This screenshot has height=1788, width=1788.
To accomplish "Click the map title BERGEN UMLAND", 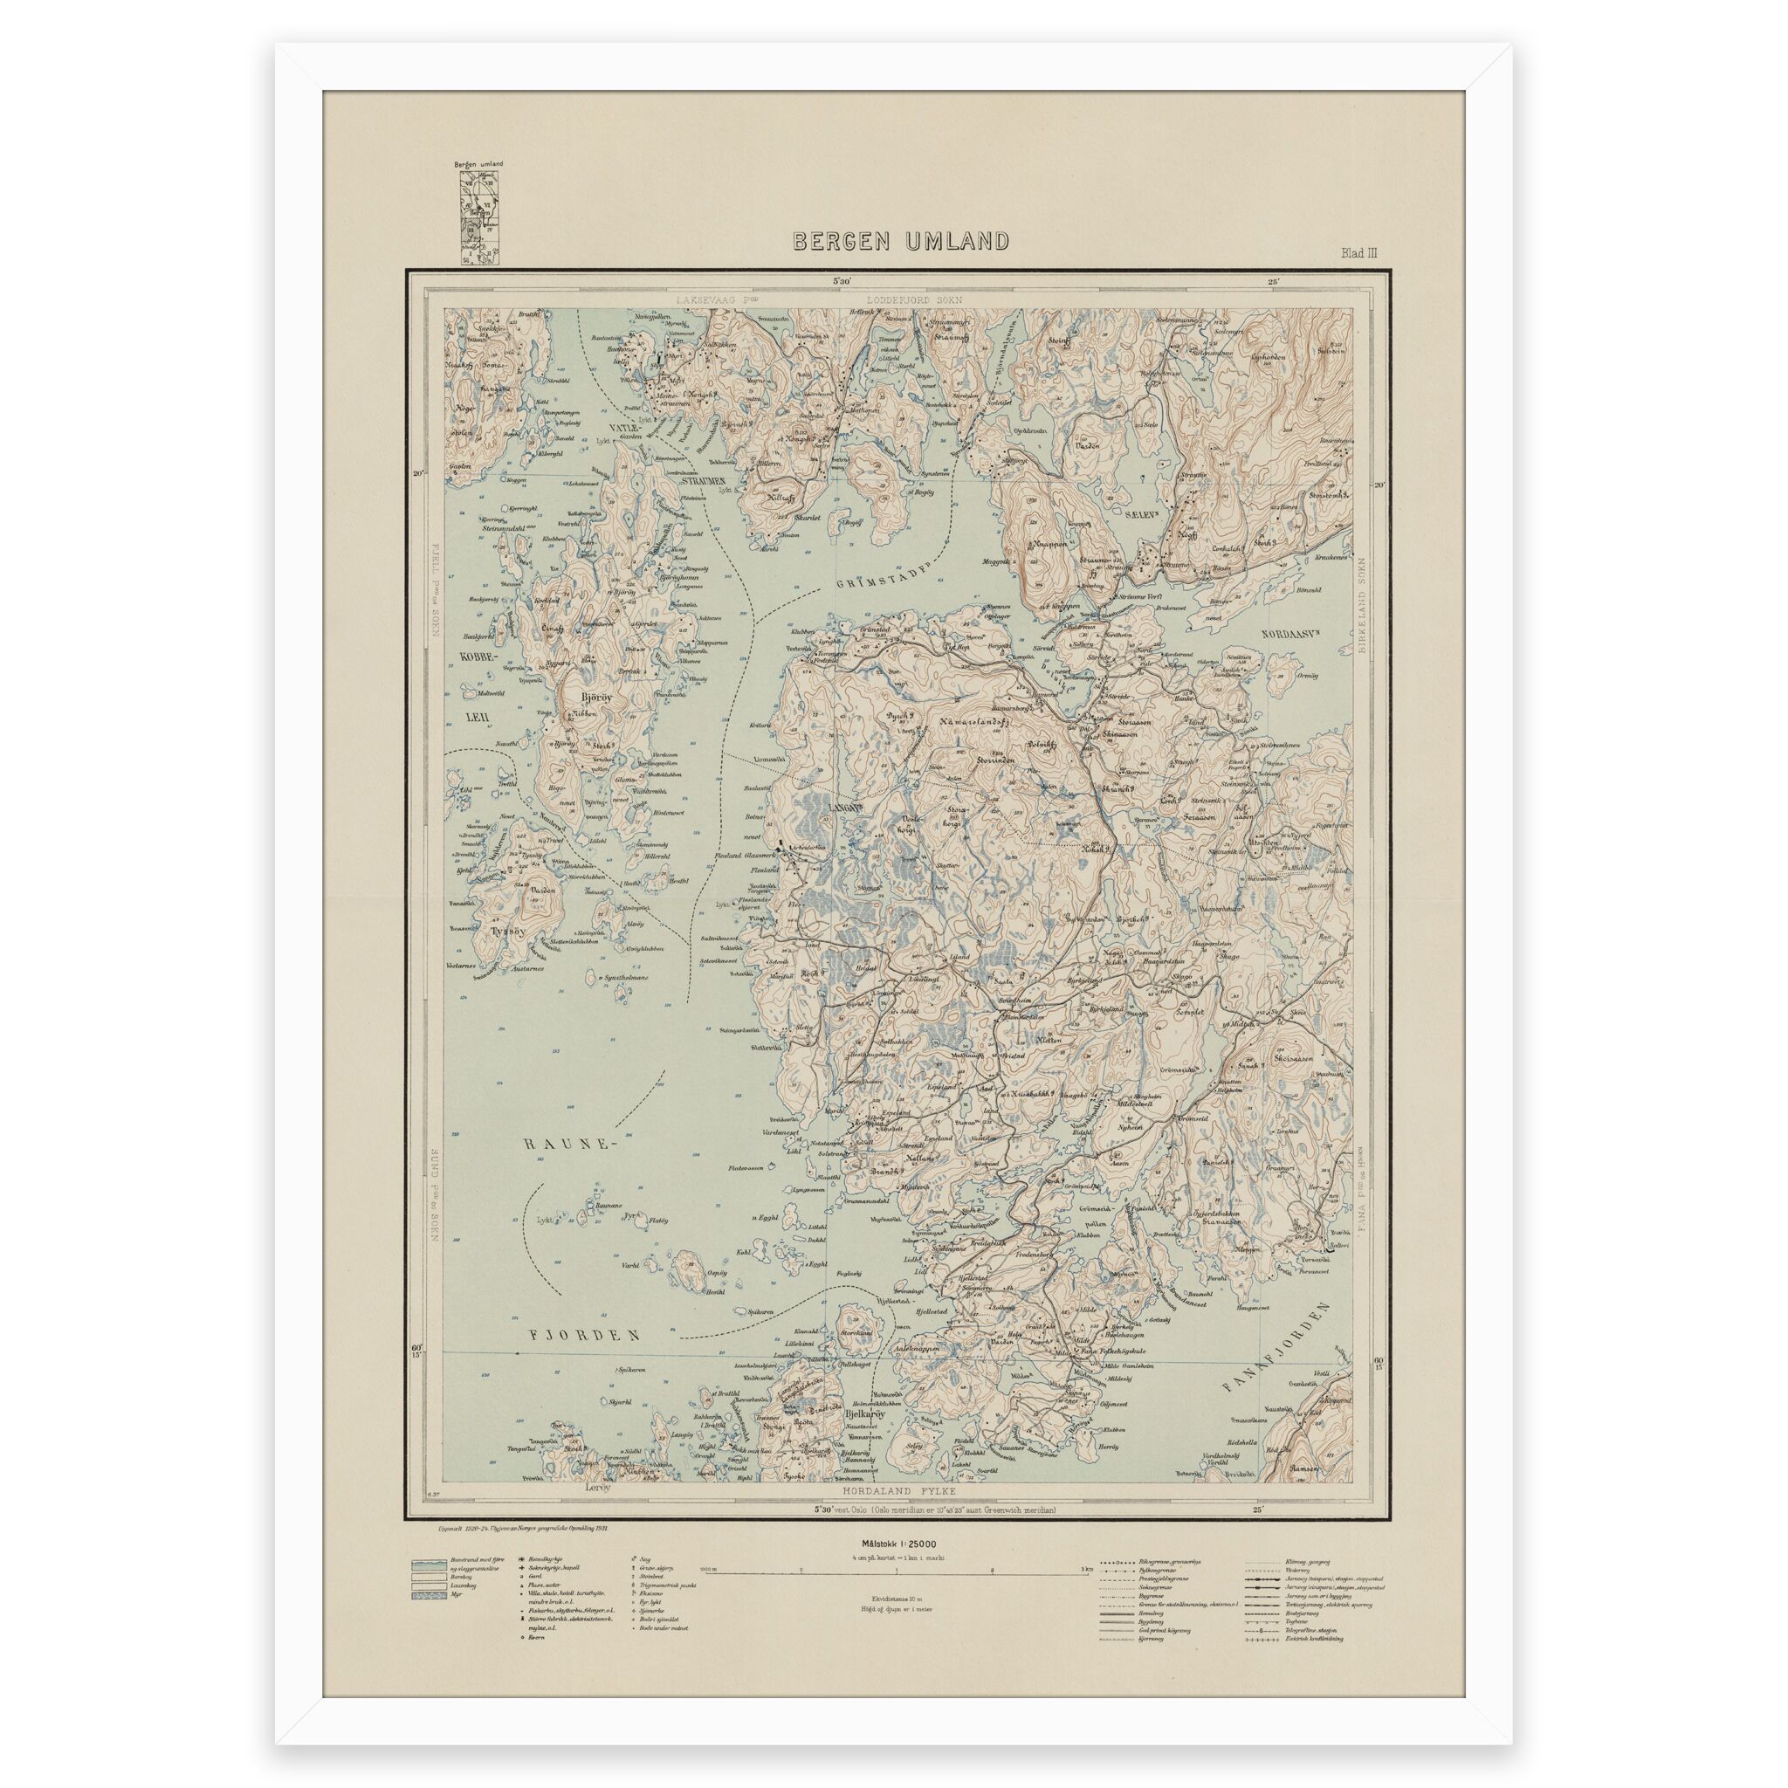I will click(x=900, y=242).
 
